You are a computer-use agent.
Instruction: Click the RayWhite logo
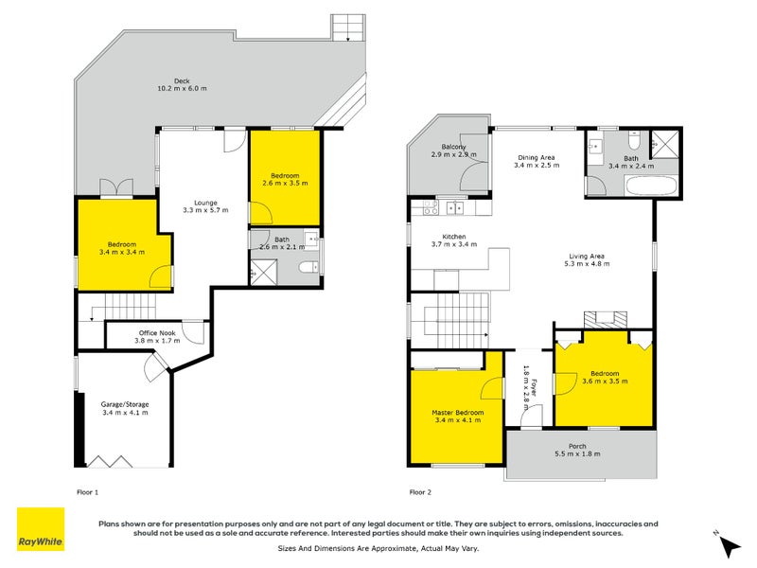tap(41, 529)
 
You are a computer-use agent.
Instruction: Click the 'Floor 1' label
tap(87, 491)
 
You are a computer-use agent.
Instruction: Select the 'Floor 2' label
tap(420, 491)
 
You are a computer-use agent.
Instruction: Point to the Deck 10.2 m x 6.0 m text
tap(183, 84)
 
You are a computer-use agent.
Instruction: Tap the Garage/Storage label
tap(125, 409)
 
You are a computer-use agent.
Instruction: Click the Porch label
tap(576, 450)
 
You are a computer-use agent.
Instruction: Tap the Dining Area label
tap(536, 161)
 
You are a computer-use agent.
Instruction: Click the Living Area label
tap(589, 259)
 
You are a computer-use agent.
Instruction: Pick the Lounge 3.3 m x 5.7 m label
tap(206, 206)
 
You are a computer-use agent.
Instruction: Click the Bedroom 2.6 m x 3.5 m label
tap(285, 180)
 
